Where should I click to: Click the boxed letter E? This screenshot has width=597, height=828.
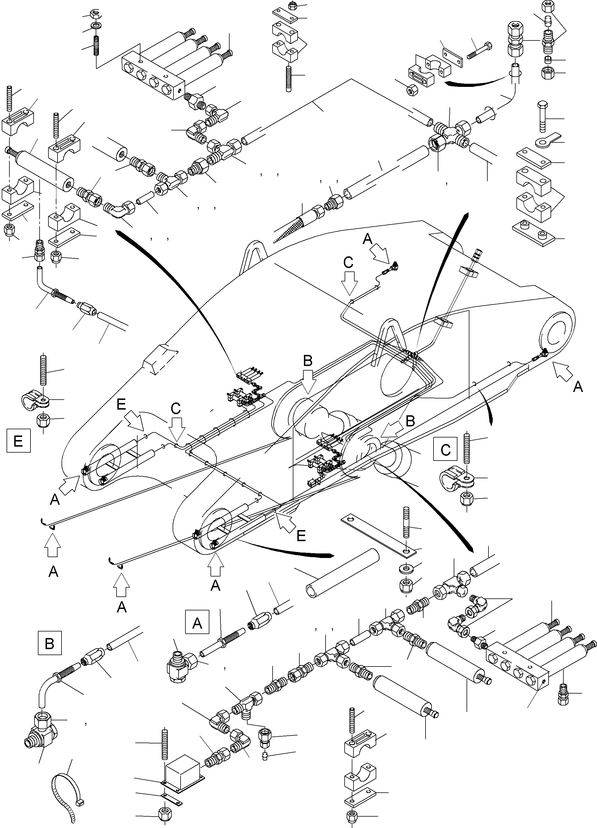18,441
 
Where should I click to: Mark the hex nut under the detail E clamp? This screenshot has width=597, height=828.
44,421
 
